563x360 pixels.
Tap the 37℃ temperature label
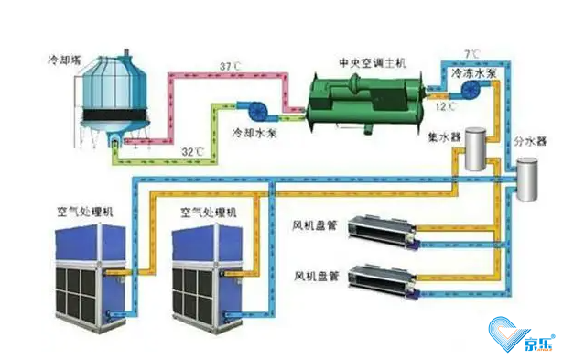click(233, 66)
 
